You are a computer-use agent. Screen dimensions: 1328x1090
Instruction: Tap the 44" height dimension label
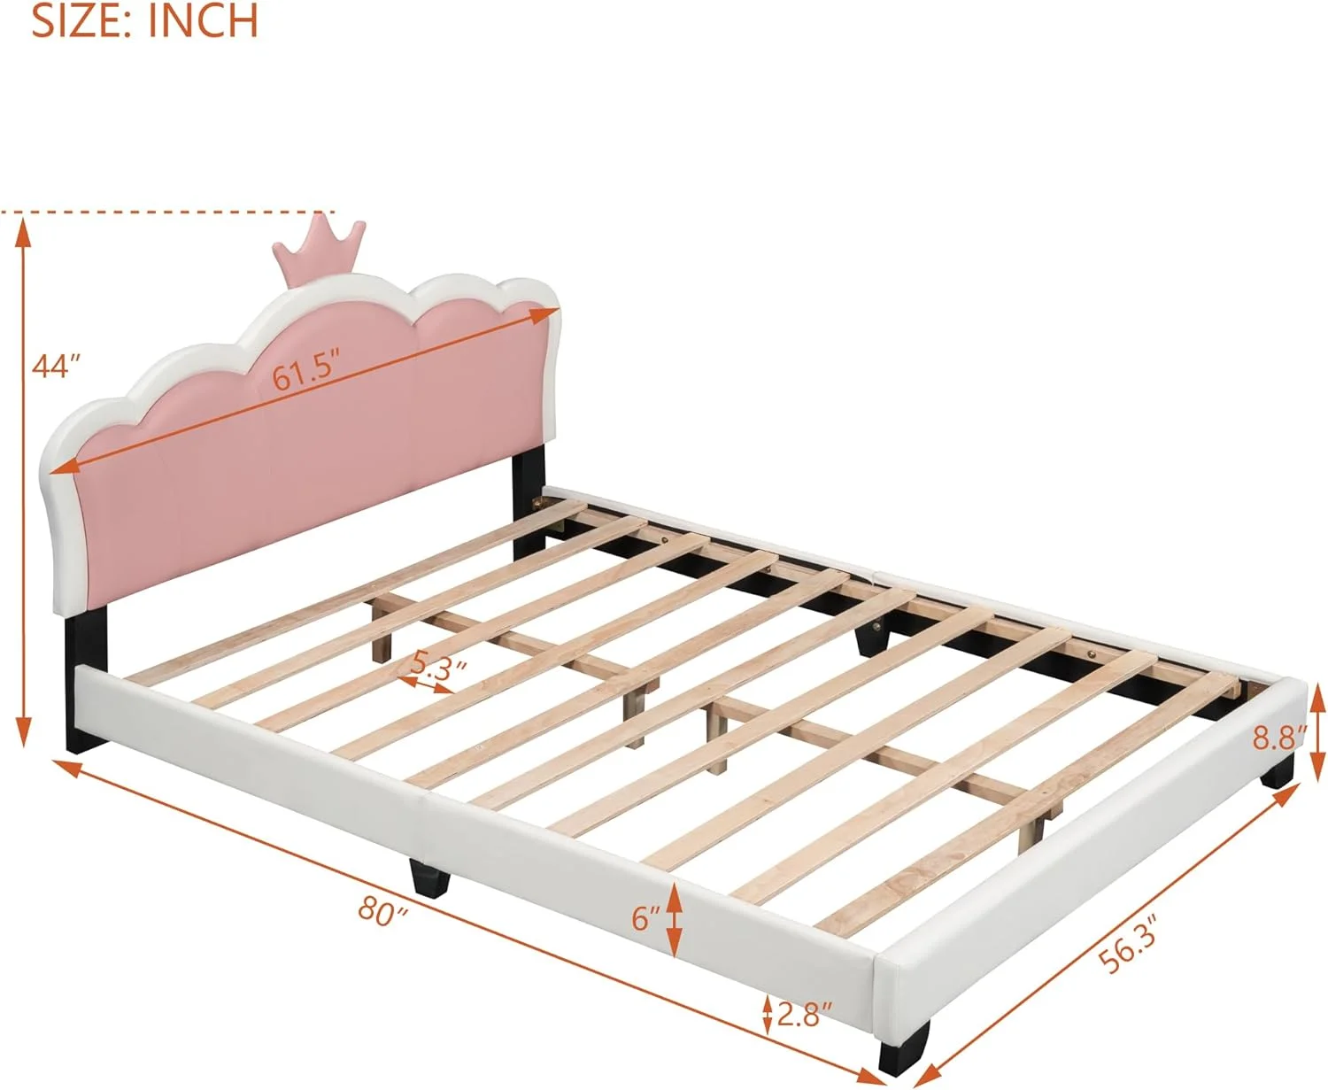tap(57, 366)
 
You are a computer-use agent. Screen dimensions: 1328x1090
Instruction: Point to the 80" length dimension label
tap(383, 911)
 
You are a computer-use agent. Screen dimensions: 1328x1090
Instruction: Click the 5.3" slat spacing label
tap(439, 663)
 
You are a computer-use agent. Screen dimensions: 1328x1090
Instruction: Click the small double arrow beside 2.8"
tap(767, 1015)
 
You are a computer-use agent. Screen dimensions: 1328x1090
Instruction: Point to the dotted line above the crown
tap(167, 213)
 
